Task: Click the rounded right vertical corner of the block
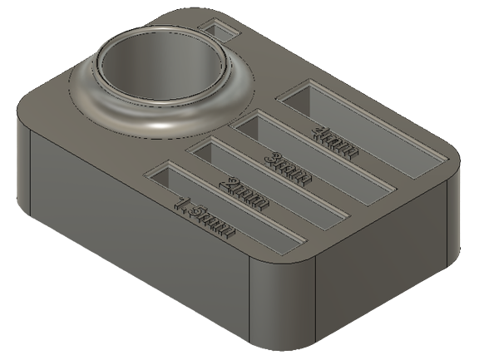456,208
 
